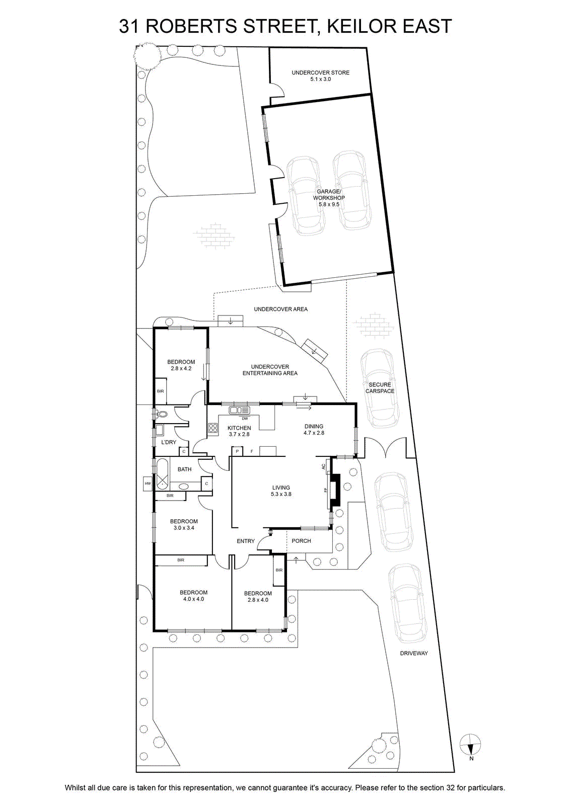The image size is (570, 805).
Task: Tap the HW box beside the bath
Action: (148, 484)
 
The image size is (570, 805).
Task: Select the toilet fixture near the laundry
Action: (162, 414)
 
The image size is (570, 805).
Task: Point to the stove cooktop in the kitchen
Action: (213, 428)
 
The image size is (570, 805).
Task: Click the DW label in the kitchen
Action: (245, 419)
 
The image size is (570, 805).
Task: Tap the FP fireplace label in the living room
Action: (325, 490)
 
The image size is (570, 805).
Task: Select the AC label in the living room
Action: (323, 466)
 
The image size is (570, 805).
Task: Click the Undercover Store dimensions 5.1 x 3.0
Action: (320, 79)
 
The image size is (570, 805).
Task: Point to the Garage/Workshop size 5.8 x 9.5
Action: (329, 204)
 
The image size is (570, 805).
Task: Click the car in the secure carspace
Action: (380, 388)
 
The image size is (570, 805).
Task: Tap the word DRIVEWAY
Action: (414, 654)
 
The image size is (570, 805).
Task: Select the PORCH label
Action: (301, 541)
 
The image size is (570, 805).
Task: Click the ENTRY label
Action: (246, 541)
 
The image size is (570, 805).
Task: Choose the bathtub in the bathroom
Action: (162, 474)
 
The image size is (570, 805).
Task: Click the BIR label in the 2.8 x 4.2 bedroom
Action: (161, 391)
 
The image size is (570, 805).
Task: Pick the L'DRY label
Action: (169, 442)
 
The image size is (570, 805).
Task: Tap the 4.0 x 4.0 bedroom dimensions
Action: (193, 599)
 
